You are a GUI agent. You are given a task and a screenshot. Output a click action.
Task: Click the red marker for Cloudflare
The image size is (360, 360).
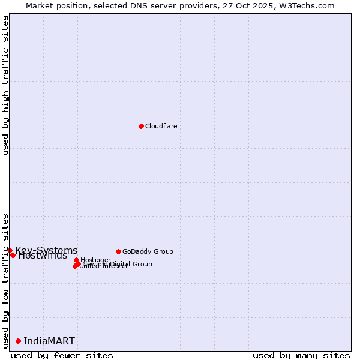point(141,126)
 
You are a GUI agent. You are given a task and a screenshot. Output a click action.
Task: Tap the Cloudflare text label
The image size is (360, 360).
point(161,126)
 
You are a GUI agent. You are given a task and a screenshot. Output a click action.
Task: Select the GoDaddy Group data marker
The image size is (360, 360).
point(118,251)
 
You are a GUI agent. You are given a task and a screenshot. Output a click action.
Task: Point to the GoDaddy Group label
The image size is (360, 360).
point(148,251)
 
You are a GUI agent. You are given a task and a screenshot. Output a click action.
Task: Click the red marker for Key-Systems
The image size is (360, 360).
point(10,250)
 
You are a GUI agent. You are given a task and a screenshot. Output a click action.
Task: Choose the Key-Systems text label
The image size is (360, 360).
point(46,250)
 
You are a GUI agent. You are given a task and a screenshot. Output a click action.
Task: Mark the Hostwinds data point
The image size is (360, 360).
point(13,255)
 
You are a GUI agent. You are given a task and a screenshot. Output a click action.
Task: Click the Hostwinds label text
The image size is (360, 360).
point(43,256)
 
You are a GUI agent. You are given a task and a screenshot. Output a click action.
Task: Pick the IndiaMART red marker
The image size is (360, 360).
point(18,341)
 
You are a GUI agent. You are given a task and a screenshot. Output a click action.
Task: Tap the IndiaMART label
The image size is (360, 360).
point(49,341)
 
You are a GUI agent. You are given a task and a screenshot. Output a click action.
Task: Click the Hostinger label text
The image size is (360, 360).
point(95,260)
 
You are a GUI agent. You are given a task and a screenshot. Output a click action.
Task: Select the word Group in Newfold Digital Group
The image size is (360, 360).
point(142,264)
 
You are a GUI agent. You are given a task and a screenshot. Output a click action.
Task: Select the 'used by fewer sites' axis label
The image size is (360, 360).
point(62,355)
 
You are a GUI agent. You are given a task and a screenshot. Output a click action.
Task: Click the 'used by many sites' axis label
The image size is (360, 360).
point(301,355)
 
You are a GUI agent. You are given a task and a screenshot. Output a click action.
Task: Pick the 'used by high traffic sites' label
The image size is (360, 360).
point(5,85)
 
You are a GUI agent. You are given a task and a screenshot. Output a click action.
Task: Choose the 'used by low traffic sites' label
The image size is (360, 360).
point(5,280)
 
